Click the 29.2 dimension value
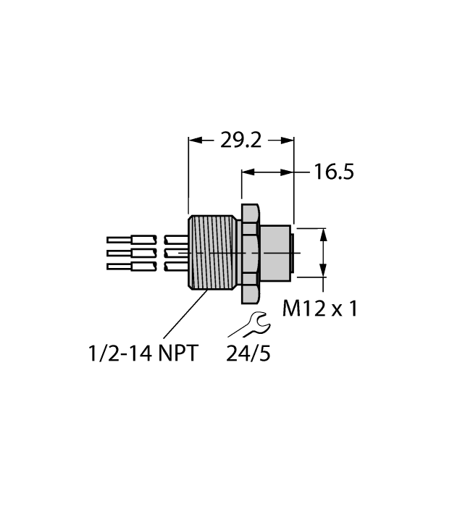click(240, 141)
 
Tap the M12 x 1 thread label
click(319, 309)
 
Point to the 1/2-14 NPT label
click(142, 353)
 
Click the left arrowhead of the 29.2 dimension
click(193, 141)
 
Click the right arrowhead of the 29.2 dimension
click(289, 141)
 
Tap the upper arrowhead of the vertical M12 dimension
click(323, 233)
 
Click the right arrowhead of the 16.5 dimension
click(289, 172)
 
